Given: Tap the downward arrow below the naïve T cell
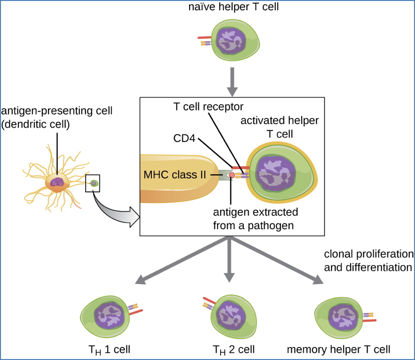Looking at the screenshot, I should click(x=232, y=81).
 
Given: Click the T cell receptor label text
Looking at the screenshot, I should click(x=208, y=106).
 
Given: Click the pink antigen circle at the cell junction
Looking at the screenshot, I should click(x=232, y=175).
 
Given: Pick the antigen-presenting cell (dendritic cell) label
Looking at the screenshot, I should click(x=57, y=117).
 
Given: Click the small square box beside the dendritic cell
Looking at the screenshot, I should click(x=93, y=183).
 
